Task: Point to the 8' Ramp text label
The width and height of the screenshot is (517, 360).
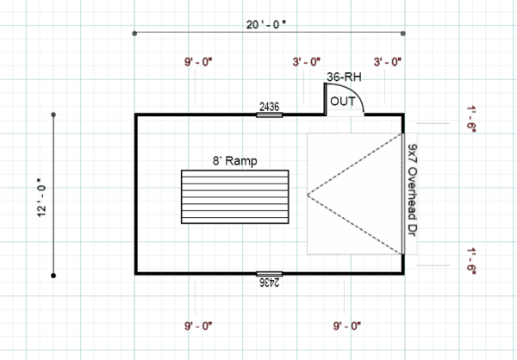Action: coord(234,160)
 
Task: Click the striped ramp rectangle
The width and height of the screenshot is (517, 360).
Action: coord(234,198)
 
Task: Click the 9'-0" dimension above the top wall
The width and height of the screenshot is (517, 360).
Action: coord(198,62)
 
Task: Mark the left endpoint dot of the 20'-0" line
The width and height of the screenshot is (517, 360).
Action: coord(134,34)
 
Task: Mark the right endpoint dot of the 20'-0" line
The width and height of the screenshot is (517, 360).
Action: coord(404,34)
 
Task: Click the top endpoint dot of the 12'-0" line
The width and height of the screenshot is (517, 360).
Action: coord(53,114)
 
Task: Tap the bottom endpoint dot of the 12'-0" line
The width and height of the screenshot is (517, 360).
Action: coord(53,276)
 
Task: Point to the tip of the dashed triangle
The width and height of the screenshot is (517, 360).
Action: coord(308,194)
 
